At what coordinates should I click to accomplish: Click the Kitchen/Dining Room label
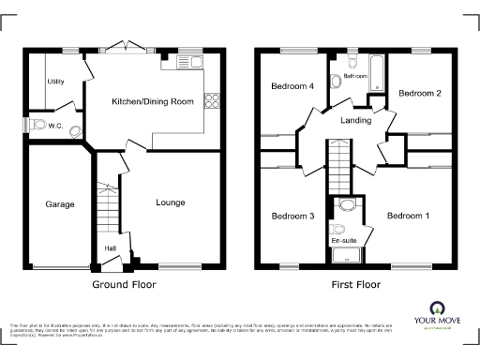point(153,101)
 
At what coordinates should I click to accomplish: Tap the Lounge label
point(170,202)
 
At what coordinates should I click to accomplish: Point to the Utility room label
point(55,82)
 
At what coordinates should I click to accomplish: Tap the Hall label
point(110,248)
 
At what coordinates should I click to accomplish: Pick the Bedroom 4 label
point(292,86)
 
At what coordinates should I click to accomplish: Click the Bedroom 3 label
point(292,216)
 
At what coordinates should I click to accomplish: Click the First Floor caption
point(353,282)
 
